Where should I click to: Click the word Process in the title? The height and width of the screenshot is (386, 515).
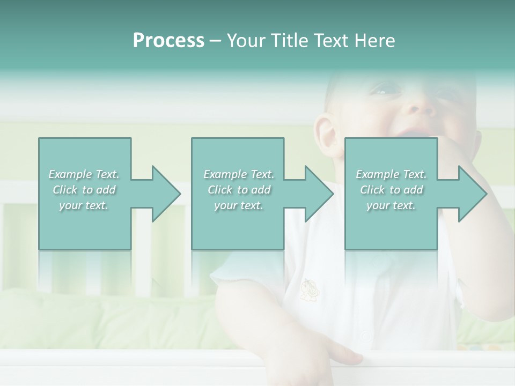pos(168,41)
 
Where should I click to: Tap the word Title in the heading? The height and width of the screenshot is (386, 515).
pos(289,41)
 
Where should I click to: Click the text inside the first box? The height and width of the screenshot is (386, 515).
pos(84,190)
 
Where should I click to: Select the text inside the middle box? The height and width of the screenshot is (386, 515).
pos(239,190)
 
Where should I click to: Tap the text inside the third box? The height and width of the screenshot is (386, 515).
pos(391,190)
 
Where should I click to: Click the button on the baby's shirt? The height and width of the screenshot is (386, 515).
pos(366,337)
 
